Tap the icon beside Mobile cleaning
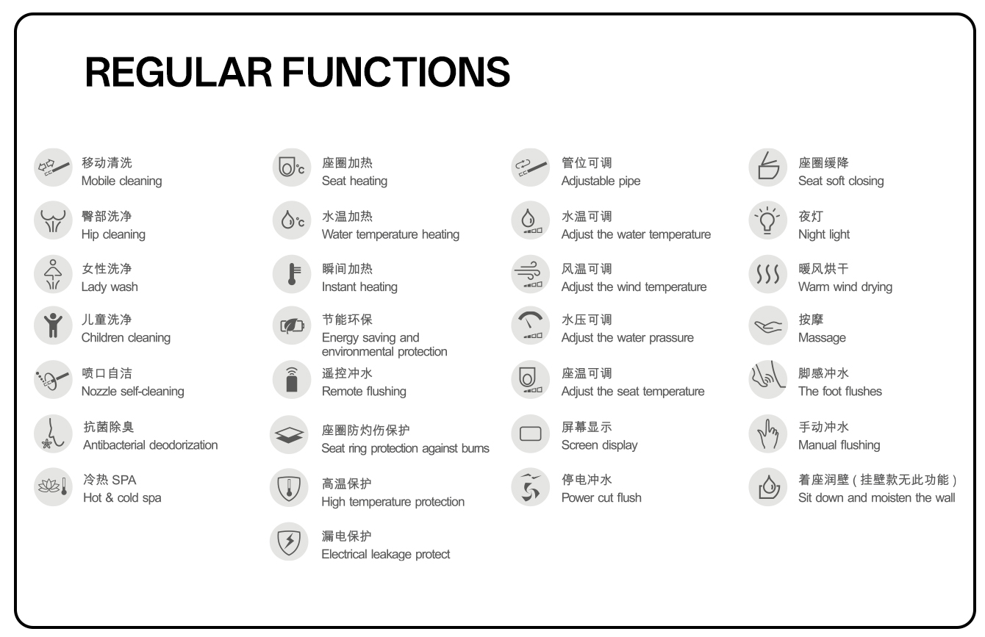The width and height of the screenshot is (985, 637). pos(51,168)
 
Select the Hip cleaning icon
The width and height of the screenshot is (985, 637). pos(51,220)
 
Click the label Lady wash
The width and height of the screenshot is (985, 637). pos(110,287)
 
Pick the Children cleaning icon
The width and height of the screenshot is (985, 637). pos(51,325)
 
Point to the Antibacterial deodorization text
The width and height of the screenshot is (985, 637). pos(150,445)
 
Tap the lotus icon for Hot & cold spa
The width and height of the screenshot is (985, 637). pos(51,486)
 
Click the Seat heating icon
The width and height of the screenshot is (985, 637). pos(290,168)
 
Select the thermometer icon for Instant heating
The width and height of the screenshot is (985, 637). pos(290,273)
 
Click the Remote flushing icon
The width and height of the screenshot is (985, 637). pos(290,378)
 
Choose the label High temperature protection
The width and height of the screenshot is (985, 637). pos(393,502)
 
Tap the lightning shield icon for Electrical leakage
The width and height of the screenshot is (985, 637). pos(290,541)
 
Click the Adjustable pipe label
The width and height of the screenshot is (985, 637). pos(601,181)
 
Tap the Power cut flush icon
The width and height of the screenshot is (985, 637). pos(530,487)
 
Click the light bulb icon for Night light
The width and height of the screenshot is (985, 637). pos(767,220)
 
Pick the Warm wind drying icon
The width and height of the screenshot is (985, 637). pos(767,274)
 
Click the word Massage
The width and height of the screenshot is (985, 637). pos(822,338)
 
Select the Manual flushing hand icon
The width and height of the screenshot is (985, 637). pos(767,433)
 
